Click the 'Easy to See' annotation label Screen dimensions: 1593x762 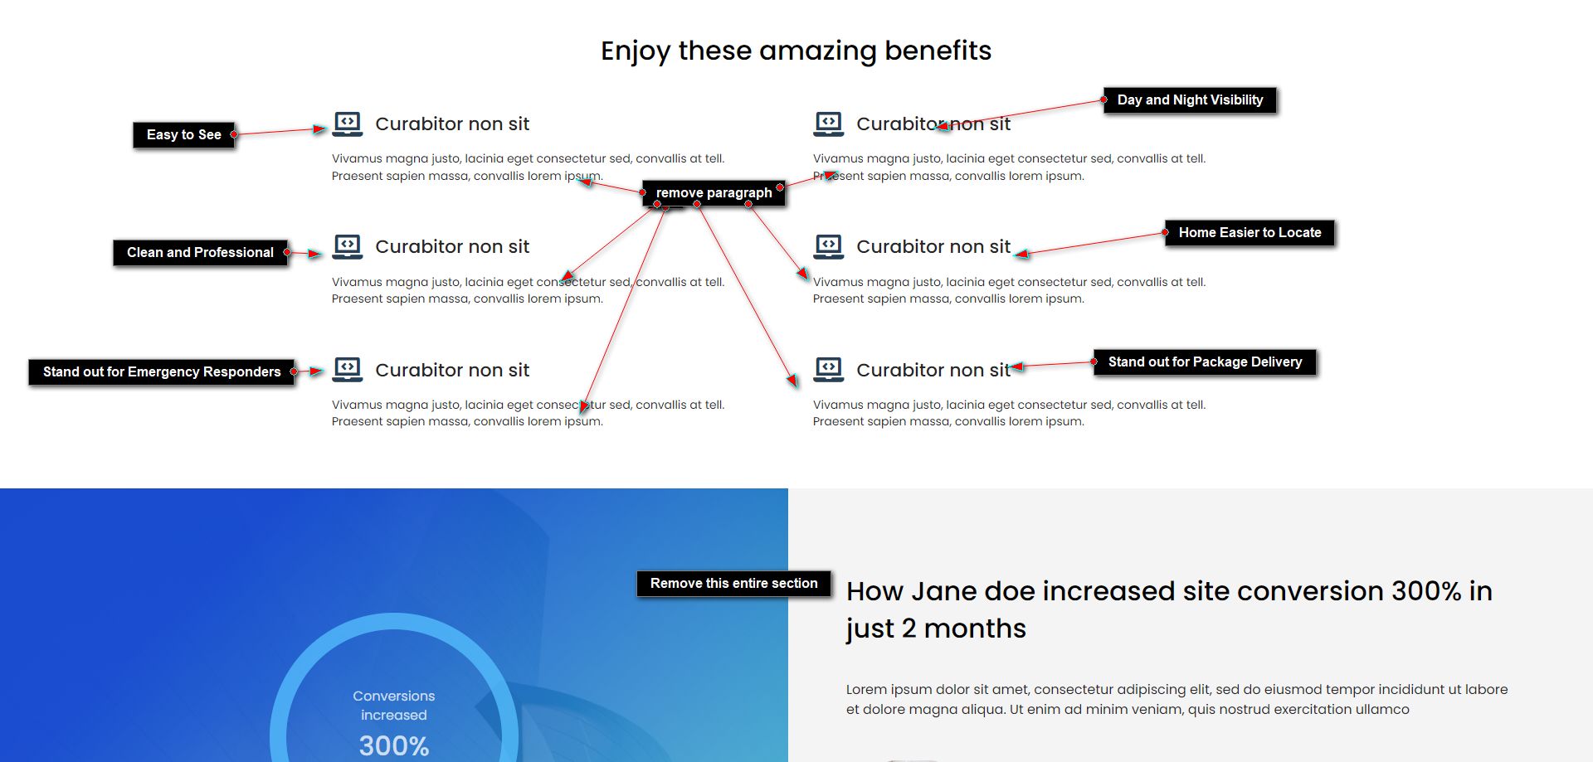point(184,135)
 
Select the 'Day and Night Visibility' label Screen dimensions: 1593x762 point(1190,100)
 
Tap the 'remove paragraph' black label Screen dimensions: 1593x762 point(714,193)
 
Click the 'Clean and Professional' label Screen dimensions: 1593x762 point(200,253)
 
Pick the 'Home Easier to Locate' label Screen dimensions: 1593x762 point(1250,233)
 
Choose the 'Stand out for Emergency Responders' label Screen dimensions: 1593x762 point(162,372)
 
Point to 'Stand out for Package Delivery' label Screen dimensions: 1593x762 point(1205,362)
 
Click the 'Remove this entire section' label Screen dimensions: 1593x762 point(733,584)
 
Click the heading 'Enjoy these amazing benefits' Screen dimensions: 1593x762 point(796,51)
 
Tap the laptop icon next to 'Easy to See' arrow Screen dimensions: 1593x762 point(348,124)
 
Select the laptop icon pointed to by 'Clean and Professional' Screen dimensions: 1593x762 point(348,247)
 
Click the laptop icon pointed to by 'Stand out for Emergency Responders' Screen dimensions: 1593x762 point(348,370)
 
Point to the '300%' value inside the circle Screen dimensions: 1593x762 point(394,745)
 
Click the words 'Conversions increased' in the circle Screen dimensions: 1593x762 point(394,706)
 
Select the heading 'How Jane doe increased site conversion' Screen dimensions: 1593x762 point(1169,609)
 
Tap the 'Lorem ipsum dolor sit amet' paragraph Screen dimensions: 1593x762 point(1177,699)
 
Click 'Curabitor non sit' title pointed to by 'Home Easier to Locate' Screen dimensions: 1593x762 point(933,247)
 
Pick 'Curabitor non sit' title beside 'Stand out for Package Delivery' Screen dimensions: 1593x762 point(933,370)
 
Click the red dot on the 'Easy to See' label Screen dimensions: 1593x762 point(234,134)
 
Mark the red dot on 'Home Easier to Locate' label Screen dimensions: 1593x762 point(1166,233)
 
